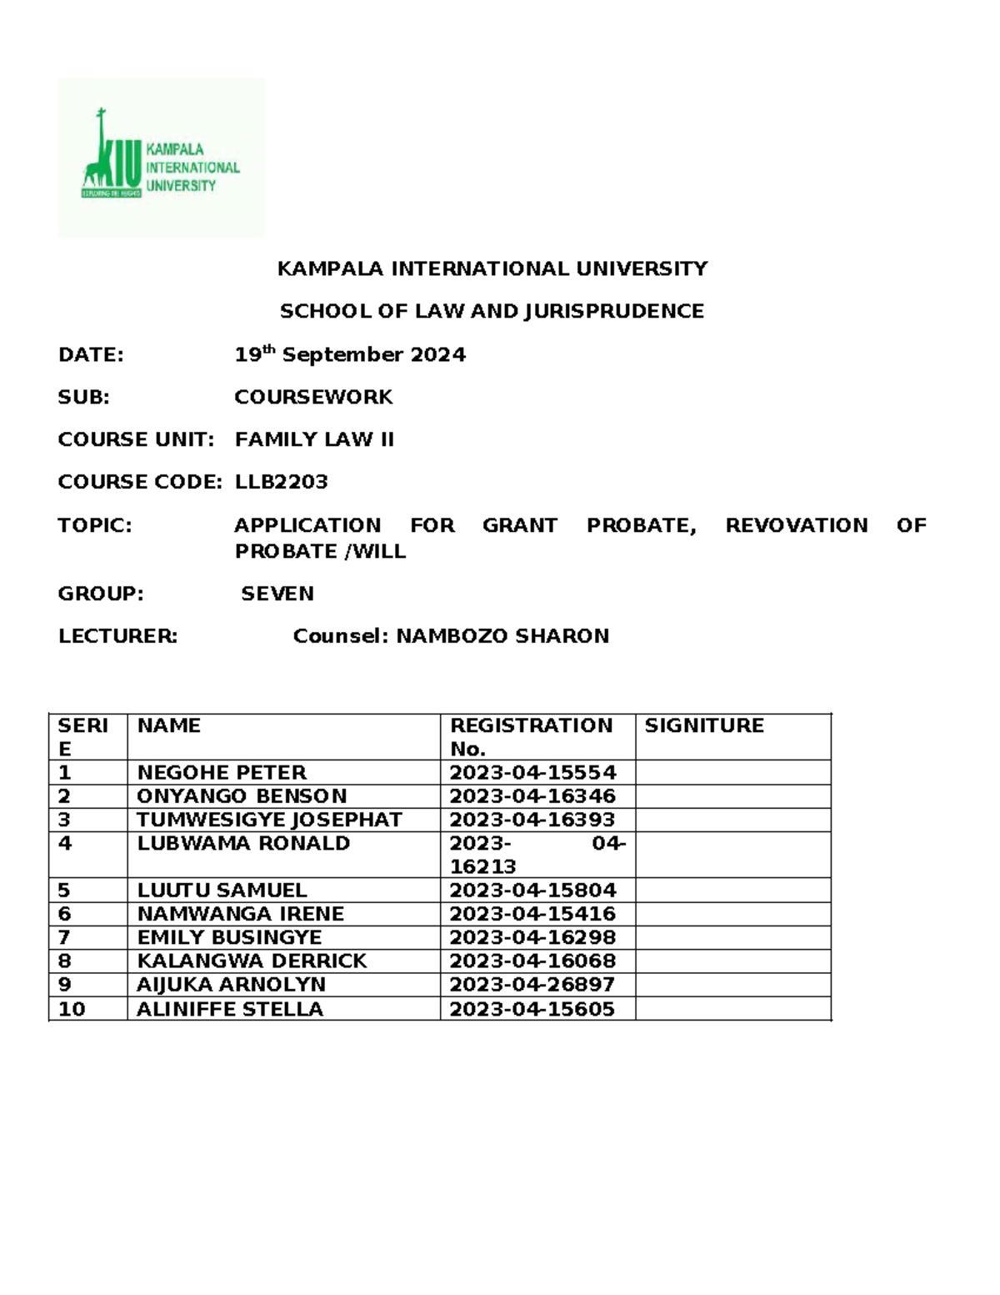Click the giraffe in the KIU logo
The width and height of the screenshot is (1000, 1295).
pyautogui.click(x=101, y=154)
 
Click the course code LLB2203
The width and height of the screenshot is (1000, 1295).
pyautogui.click(x=281, y=482)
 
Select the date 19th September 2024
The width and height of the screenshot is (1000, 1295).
pyautogui.click(x=349, y=355)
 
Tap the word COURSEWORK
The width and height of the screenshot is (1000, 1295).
pyautogui.click(x=313, y=397)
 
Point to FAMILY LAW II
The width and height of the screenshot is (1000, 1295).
pyautogui.click(x=314, y=439)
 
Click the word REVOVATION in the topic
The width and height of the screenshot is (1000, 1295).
pyautogui.click(x=796, y=525)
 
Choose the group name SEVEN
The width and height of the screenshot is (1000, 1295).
pyautogui.click(x=277, y=594)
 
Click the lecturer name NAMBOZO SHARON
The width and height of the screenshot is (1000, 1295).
pyautogui.click(x=502, y=636)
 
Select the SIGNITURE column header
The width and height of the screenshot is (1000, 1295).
pyautogui.click(x=704, y=725)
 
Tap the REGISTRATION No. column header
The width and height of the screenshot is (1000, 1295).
pyautogui.click(x=531, y=736)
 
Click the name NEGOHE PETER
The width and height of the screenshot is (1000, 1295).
pyautogui.click(x=222, y=772)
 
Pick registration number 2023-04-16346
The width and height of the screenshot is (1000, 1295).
pyautogui.click(x=532, y=796)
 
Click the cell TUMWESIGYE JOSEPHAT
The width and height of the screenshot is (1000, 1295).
pyautogui.click(x=269, y=820)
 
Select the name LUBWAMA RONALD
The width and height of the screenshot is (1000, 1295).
pyautogui.click(x=243, y=843)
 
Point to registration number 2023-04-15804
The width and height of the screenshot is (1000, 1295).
pyautogui.click(x=532, y=890)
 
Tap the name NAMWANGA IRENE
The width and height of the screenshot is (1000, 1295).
pyautogui.click(x=240, y=913)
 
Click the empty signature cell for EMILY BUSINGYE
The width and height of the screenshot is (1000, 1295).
pyautogui.click(x=732, y=937)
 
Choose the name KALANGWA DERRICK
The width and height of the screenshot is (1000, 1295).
pyautogui.click(x=252, y=961)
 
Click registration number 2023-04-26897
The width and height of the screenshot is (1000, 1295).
pyautogui.click(x=532, y=984)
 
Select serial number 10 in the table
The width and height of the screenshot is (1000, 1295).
pyautogui.click(x=72, y=1009)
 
